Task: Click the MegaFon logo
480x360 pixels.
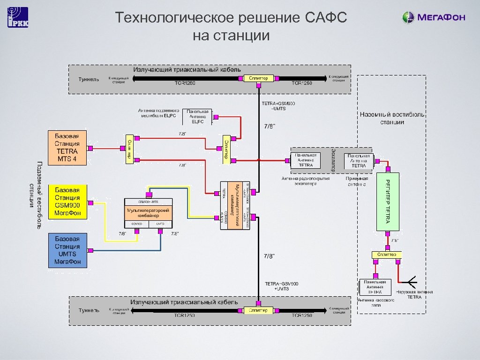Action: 434,17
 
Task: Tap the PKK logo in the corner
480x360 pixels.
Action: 17,17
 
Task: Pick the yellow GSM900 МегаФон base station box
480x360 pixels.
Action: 67,202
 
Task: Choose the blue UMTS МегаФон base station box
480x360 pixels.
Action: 67,251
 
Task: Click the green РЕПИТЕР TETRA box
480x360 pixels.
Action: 388,202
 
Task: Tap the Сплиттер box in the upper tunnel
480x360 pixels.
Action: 258,78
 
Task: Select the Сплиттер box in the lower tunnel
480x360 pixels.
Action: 258,310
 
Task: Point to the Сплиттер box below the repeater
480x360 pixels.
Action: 387,254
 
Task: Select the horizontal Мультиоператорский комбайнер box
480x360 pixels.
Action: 149,213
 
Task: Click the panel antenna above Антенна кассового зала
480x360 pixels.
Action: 375,288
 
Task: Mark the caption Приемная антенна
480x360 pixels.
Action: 357,181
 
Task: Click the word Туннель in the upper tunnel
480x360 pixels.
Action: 89,79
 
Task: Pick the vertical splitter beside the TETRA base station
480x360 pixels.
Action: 128,150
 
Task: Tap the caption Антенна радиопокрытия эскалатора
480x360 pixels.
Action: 306,181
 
